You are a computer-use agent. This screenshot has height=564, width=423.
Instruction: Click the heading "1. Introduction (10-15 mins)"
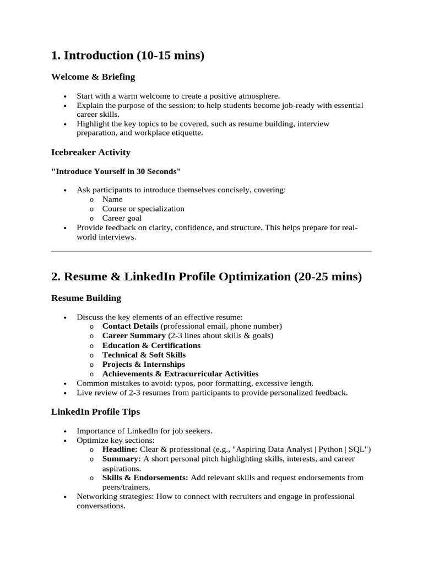[x=127, y=56]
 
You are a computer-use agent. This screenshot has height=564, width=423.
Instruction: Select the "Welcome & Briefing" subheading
[x=93, y=77]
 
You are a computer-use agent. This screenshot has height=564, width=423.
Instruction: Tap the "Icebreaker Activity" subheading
[x=90, y=152]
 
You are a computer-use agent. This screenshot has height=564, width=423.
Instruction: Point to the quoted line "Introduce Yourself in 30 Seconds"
[x=116, y=171]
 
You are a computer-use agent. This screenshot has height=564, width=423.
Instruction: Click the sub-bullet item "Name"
[x=112, y=199]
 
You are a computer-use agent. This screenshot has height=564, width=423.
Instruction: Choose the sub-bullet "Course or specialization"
[x=143, y=209]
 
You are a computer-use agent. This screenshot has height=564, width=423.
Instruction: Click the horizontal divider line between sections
[x=211, y=251]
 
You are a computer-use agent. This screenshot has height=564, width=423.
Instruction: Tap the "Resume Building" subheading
[x=86, y=298]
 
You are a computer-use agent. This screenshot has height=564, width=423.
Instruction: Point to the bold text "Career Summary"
[x=134, y=335]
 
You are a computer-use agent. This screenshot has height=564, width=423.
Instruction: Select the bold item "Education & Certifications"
[x=151, y=345]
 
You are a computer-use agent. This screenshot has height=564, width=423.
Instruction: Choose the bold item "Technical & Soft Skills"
[x=144, y=355]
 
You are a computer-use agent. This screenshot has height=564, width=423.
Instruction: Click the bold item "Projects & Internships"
[x=144, y=364]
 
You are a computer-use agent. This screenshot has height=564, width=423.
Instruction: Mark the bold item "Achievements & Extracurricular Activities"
[x=180, y=374]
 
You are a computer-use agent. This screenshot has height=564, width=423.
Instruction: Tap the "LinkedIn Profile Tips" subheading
[x=95, y=411]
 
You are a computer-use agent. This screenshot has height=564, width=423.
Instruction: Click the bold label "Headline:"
[x=120, y=449]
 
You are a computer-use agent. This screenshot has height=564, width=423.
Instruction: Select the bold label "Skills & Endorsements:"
[x=145, y=478]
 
